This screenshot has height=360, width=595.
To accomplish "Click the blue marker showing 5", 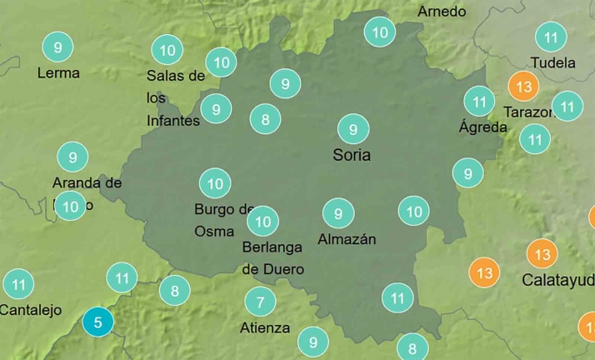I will pos(98,322).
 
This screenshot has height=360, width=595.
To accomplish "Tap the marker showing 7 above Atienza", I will pos(260,302).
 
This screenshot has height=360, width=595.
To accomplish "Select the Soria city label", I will pos(352,155).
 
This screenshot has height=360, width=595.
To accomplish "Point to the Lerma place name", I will pos(58,72).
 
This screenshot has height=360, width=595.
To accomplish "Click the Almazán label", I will pos(347,240).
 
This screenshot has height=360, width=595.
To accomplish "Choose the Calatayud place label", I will pos(557,280).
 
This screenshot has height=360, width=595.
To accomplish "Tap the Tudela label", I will pos(552,62).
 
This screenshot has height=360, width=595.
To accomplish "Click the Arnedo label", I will pos(442,12).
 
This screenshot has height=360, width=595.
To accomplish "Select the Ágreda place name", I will pos(482,127).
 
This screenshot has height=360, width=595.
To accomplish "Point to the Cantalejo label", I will pos(31,310).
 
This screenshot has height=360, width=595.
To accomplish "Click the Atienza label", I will pos(265,327).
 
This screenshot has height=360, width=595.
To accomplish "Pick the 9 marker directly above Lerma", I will pos(57,47).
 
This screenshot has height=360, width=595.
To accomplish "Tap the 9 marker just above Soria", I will pos(353,129).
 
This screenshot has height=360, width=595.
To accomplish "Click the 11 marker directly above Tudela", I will pos(551,37).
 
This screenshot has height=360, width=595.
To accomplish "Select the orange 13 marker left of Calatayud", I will pos(484,272).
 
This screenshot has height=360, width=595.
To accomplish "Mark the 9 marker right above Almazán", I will pos(338,213).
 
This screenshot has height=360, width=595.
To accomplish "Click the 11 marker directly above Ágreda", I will pos(479,102).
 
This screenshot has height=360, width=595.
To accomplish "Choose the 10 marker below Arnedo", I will pos(380,33).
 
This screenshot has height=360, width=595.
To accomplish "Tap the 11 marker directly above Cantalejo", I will pos(18,284).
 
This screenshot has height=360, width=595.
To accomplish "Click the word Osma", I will pos(214,232).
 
